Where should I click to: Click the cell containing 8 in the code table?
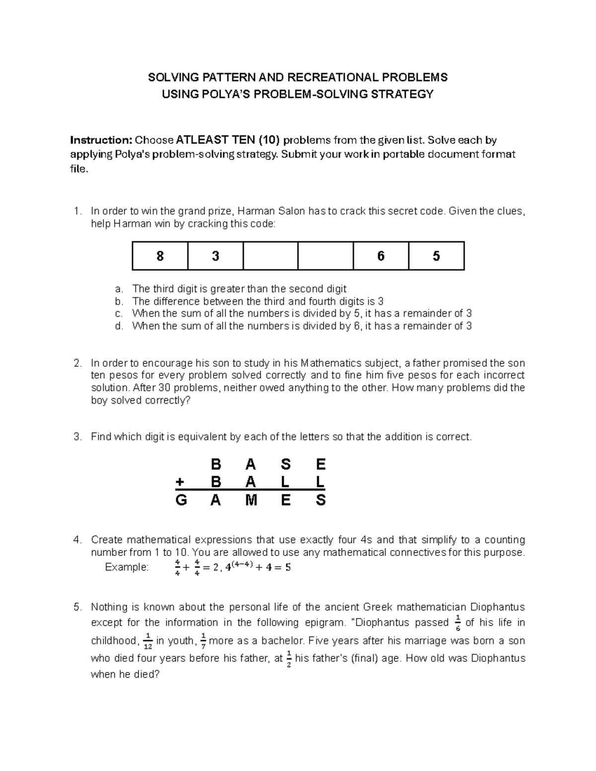(x=160, y=256)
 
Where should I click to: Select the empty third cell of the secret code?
(x=270, y=256)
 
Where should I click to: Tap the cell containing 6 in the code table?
(x=381, y=256)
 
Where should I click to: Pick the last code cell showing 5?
(x=436, y=256)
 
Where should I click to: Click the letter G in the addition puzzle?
(x=181, y=500)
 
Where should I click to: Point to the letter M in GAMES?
(x=251, y=500)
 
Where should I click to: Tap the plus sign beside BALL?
(x=180, y=482)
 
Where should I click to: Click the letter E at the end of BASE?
(x=320, y=464)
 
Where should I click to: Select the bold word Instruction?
(x=97, y=140)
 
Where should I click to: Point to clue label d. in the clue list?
(x=119, y=326)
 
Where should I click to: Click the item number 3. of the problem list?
(x=77, y=437)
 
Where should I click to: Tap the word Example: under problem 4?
(x=127, y=567)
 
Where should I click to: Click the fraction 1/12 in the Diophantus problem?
(x=148, y=642)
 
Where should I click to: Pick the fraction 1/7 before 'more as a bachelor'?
(x=203, y=642)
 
